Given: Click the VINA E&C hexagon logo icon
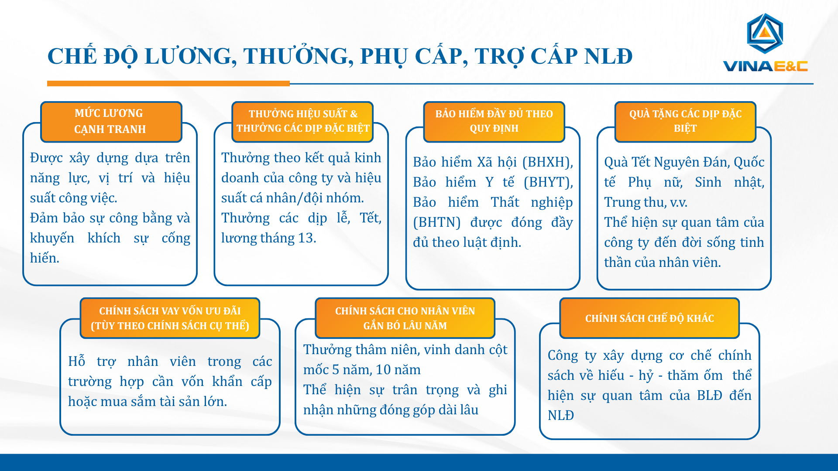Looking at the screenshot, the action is [765, 34].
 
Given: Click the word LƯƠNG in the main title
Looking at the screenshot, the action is [191, 57].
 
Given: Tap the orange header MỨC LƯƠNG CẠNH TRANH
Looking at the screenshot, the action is [111, 122].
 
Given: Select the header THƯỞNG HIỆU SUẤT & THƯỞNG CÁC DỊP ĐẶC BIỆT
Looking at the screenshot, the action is [302, 122].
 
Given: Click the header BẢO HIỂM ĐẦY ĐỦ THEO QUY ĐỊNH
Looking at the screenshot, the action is [494, 122].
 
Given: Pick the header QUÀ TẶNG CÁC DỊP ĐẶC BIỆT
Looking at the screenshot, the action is [685, 122].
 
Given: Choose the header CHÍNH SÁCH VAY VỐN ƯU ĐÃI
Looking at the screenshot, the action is [170, 318].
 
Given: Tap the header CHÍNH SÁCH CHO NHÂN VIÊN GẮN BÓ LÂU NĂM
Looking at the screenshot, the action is [405, 318].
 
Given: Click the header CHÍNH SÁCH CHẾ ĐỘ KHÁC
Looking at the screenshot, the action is [649, 318].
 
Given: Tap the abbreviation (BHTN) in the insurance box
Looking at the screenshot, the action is [437, 222].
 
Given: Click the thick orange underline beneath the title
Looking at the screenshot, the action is [168, 83].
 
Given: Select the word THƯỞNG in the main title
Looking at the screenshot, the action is [298, 57].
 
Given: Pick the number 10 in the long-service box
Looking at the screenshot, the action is [383, 370].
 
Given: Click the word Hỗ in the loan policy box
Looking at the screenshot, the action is [76, 362].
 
